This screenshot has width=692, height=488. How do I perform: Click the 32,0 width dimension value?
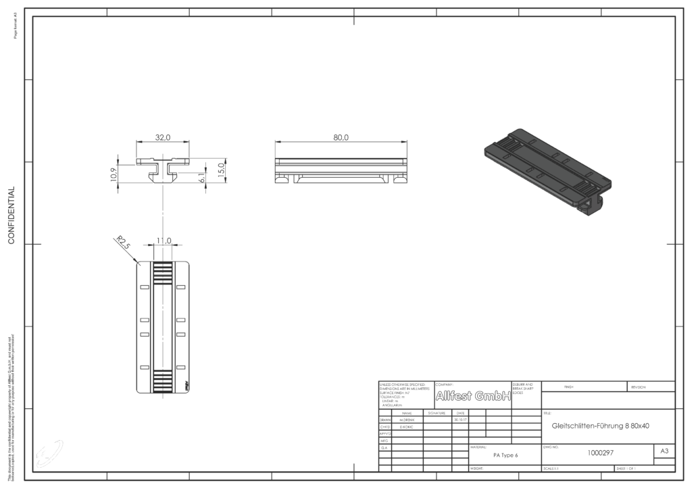coord(163,137)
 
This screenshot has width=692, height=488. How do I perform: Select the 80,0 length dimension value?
coord(341,137)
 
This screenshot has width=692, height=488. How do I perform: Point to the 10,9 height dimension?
coord(113,174)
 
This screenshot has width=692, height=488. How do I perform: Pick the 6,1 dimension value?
coord(201,177)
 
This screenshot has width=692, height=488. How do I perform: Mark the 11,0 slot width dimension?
coord(164,241)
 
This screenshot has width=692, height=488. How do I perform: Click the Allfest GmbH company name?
coord(472,396)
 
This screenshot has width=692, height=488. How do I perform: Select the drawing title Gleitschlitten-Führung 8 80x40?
coord(600,426)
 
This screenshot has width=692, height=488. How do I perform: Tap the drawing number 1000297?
coord(600,453)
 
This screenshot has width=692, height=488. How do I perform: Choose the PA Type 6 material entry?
coord(505,456)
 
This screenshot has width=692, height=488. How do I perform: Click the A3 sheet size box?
coord(664,451)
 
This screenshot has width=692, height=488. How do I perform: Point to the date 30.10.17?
coord(460,420)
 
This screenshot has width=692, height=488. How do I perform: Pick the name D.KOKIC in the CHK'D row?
coord(407,426)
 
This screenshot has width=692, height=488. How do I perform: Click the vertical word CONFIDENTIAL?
coord(11,215)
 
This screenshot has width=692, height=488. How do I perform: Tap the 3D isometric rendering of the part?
coord(547,169)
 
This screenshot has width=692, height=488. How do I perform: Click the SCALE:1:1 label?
coord(553,468)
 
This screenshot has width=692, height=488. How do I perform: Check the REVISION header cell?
coord(639,387)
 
